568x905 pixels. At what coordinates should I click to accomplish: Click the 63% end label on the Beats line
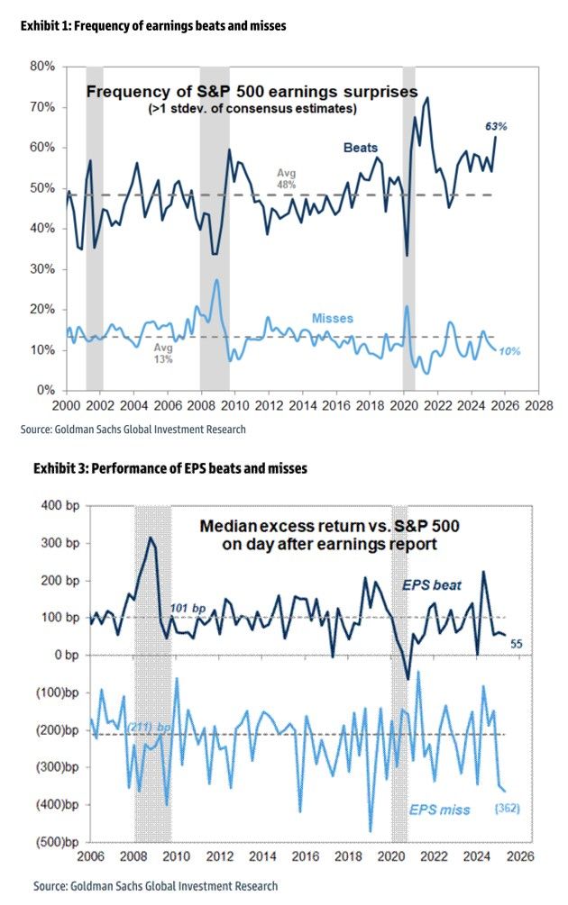coord(496,127)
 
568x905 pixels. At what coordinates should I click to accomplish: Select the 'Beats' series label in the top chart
coord(360,148)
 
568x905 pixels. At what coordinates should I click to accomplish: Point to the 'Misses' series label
coord(332,319)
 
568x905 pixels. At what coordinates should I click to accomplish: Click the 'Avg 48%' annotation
coord(286,177)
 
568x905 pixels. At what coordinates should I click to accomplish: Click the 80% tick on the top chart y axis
coord(42,66)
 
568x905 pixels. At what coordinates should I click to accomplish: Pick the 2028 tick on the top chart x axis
coord(539,406)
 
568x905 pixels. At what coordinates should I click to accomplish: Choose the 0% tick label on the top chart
coord(47,391)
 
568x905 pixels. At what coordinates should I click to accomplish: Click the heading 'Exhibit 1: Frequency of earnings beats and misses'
coord(153,26)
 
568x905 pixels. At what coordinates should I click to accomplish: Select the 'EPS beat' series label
coord(432,586)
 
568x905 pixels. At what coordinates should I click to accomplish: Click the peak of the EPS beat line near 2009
coord(151,538)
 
